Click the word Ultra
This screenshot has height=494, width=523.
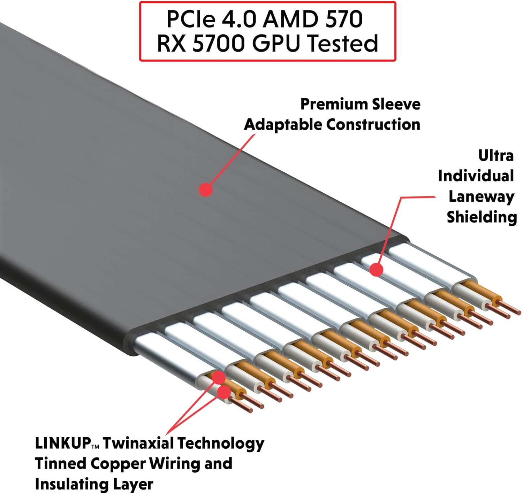point(495,155)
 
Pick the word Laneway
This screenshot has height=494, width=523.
point(481,197)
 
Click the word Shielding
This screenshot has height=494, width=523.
point(482,217)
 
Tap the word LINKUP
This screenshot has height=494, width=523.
point(63,443)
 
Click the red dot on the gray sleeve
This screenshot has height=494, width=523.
point(206,190)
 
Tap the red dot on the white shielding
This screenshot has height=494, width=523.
point(376,270)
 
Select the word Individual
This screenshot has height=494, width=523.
point(476,176)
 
